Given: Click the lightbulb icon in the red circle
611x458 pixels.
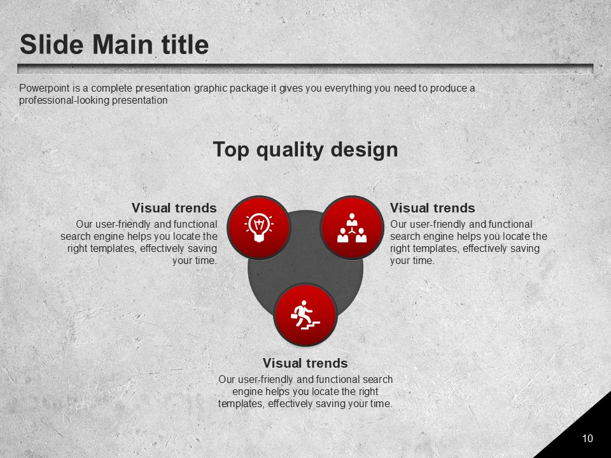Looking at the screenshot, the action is pyautogui.click(x=259, y=228).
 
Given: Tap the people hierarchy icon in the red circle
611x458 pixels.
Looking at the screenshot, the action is pyautogui.click(x=352, y=228).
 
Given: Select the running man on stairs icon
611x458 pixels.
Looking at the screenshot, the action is pyautogui.click(x=305, y=315).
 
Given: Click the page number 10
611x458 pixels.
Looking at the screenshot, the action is pyautogui.click(x=587, y=438).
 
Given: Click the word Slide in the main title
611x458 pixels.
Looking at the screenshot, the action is pyautogui.click(x=52, y=44).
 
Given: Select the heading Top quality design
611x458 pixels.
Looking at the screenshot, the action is pyautogui.click(x=305, y=149).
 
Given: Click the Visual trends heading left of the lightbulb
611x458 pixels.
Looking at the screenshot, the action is pyautogui.click(x=174, y=208).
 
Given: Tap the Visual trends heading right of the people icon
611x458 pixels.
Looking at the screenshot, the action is pyautogui.click(x=433, y=208).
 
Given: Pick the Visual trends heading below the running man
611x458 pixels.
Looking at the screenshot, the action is pyautogui.click(x=305, y=363).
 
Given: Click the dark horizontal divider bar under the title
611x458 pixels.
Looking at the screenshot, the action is pyautogui.click(x=305, y=69).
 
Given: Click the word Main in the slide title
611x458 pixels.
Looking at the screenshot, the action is pyautogui.click(x=122, y=44).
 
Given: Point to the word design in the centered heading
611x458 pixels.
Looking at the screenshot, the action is pyautogui.click(x=364, y=150).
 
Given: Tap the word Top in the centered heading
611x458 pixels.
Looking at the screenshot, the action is pyautogui.click(x=231, y=150).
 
